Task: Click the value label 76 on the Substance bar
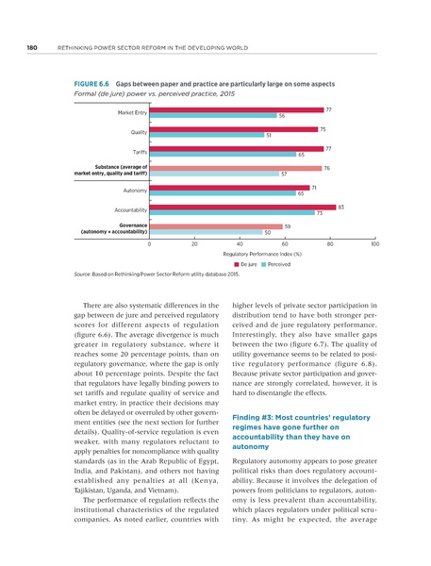click(326, 167)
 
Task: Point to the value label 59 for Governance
click(288, 226)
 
